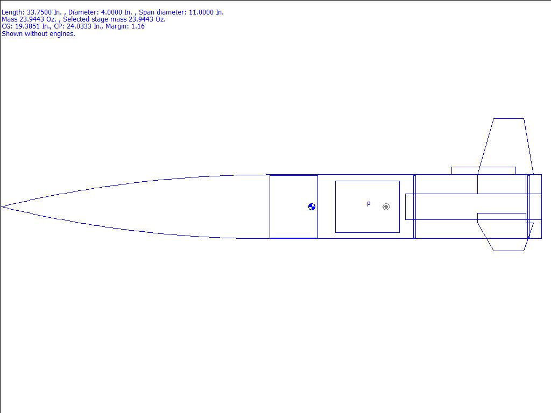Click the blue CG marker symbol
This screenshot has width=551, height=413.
(x=312, y=207)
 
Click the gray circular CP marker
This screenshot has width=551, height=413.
(x=386, y=207)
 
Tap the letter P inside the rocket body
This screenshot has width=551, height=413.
(x=369, y=204)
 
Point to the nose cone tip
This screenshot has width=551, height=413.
(x=2, y=207)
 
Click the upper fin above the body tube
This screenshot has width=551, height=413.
(x=506, y=146)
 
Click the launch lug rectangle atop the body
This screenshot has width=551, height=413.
(x=484, y=170)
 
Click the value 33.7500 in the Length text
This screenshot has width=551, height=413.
(x=39, y=12)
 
